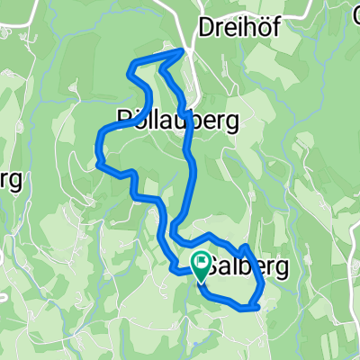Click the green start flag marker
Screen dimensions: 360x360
point(201,265)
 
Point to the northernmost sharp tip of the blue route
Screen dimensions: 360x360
point(184,50)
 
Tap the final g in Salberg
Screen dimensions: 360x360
point(280,269)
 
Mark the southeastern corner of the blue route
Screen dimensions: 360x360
point(257,307)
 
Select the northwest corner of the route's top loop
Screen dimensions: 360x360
point(133,63)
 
